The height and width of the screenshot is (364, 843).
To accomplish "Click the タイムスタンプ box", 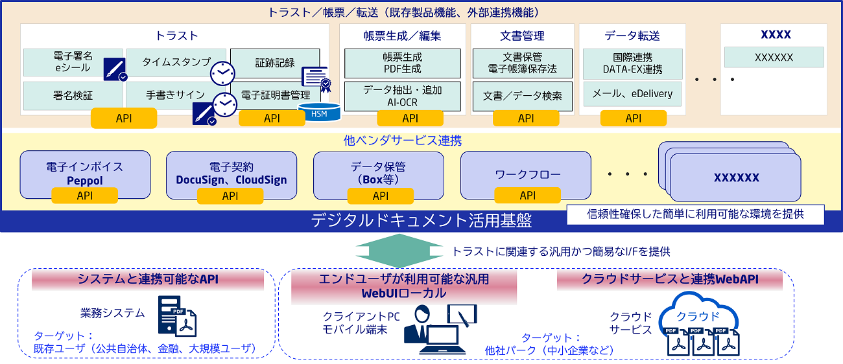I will [x=176, y=62].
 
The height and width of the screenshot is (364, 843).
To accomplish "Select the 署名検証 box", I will [x=73, y=95].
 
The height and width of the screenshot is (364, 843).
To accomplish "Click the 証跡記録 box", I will [x=275, y=63].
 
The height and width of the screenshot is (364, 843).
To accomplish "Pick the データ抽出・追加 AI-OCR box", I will [x=402, y=95].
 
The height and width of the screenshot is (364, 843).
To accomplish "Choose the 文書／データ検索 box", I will [x=522, y=96].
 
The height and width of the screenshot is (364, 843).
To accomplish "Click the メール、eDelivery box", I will [x=632, y=94].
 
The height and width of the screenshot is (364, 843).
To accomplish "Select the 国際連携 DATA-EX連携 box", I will [x=632, y=63].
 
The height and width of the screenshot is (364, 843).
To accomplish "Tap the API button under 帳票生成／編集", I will [x=410, y=118].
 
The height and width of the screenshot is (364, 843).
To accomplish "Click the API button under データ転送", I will [x=633, y=118].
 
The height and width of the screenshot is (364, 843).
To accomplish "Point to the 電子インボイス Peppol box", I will [x=85, y=170].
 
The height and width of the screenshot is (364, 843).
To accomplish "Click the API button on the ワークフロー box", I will [x=527, y=195].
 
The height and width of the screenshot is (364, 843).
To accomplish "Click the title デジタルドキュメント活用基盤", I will [x=421, y=221].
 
